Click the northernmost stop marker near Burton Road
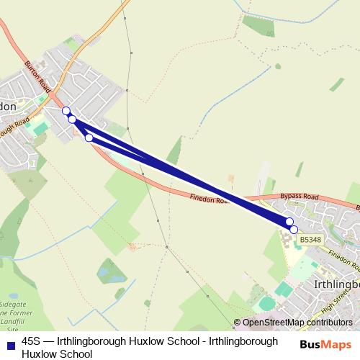pyautogui.click(x=66, y=111)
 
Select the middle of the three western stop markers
pyautogui.click(x=72, y=119)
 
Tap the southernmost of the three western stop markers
pyautogui.click(x=89, y=137)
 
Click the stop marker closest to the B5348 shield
pyautogui.click(x=294, y=229)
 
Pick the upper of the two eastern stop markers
pyautogui.click(x=289, y=222)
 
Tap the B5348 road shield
pyautogui.click(x=310, y=239)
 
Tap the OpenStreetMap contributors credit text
pyautogui.click(x=297, y=323)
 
